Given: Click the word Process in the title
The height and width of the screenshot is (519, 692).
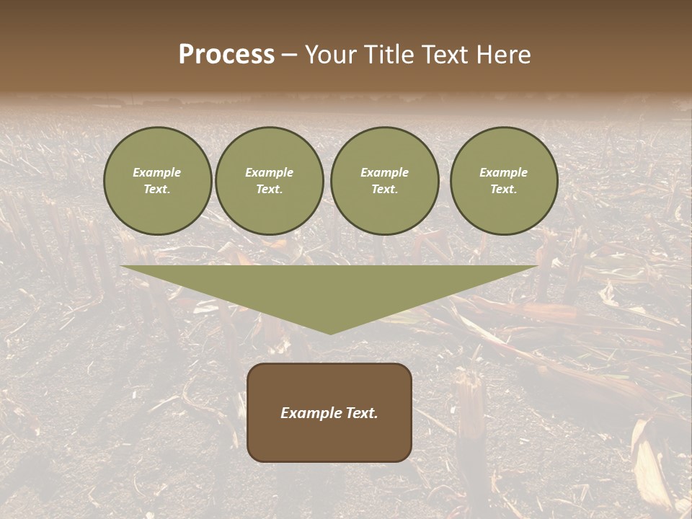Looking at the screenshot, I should (x=226, y=55).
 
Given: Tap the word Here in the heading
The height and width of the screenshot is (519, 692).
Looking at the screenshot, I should (x=502, y=55).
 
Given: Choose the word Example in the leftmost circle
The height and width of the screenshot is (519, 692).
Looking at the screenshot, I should (x=157, y=172).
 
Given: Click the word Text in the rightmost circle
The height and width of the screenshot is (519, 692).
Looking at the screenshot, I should (x=503, y=189).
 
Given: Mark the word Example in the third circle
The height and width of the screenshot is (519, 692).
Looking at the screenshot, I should (x=384, y=172).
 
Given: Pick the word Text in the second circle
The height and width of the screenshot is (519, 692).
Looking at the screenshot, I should (x=269, y=189).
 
